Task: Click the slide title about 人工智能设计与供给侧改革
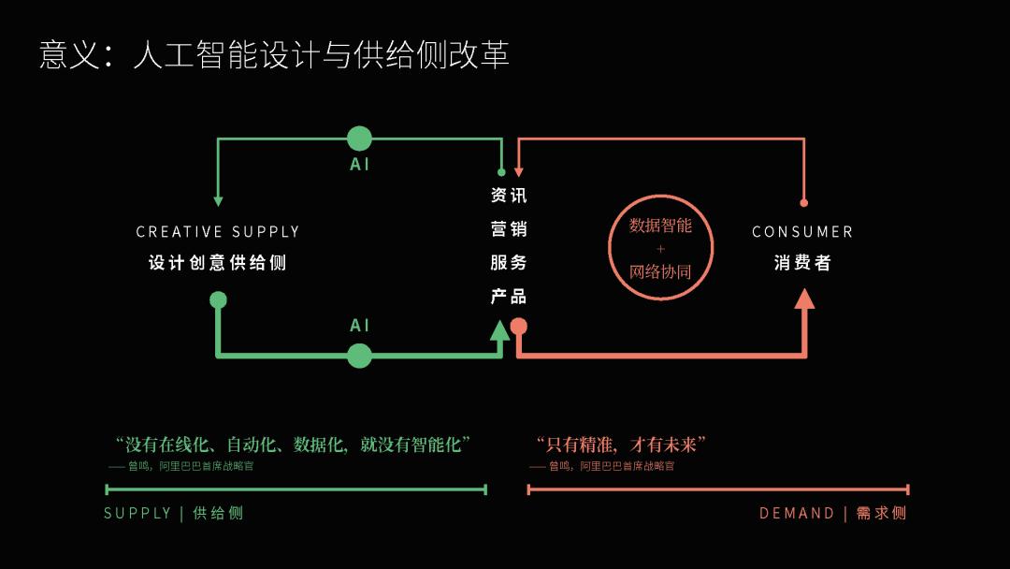pos(274,54)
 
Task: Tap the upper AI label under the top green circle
pos(360,165)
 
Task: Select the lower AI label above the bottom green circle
pos(360,326)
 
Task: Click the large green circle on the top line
pos(359,139)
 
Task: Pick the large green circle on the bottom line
pos(359,356)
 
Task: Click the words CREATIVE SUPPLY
pos(218,232)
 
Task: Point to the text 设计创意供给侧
pos(218,263)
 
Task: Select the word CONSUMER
pos(802,232)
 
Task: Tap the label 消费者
pos(802,263)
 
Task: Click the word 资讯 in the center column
pos(509,196)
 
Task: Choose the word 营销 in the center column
pos(509,229)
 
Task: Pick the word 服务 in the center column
pos(509,263)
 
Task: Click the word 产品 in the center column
pos(509,297)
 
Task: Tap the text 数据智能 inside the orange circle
pos(660,226)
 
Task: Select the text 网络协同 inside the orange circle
pos(660,272)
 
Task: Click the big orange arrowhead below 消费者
pos(804,299)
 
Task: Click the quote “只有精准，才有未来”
pos(620,444)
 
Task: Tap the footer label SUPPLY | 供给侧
pos(174,513)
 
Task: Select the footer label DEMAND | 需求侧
pos(832,513)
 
